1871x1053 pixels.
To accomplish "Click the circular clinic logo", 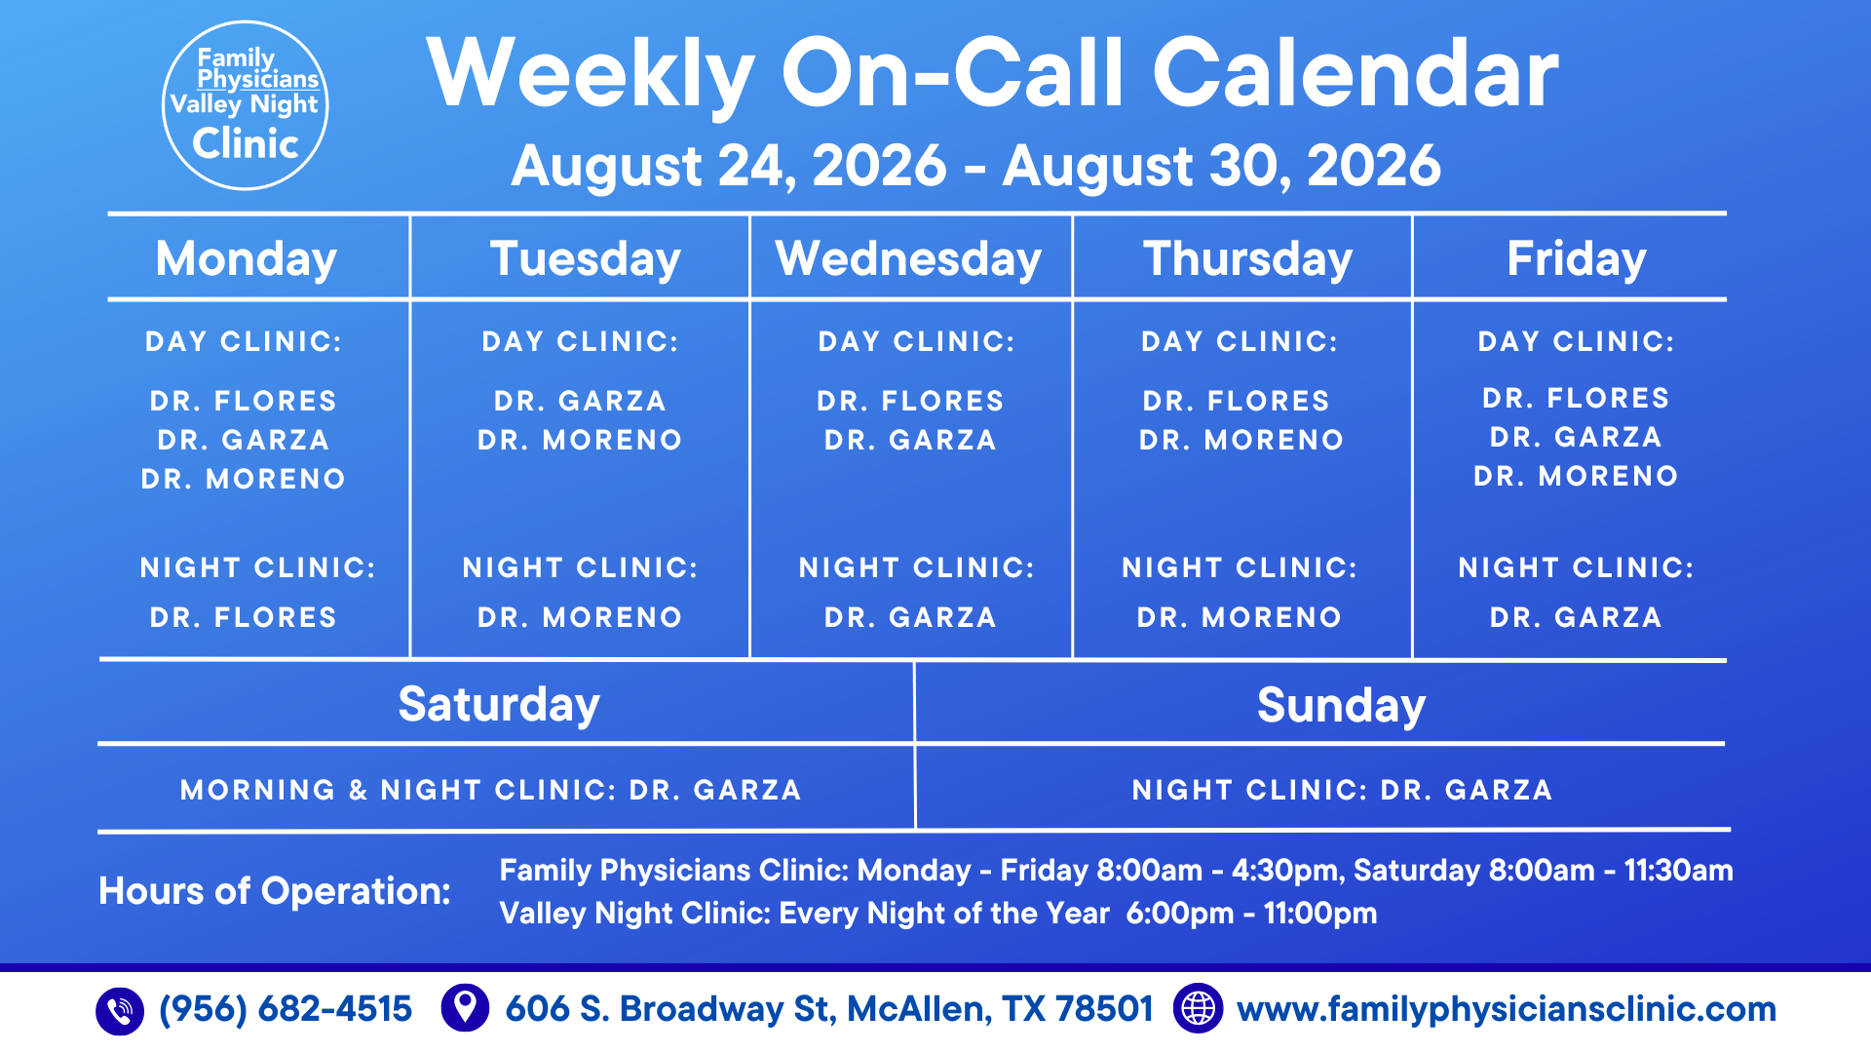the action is click(246, 105).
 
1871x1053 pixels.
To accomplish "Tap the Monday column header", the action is click(247, 259).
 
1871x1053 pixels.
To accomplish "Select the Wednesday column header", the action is click(908, 259).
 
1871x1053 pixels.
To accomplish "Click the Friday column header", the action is click(1577, 259).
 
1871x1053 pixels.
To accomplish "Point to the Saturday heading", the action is click(499, 705).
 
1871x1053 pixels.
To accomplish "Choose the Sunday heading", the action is click(1341, 705).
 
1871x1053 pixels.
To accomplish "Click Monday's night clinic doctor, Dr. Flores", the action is click(244, 617).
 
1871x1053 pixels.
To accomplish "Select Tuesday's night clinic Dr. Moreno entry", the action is click(580, 617).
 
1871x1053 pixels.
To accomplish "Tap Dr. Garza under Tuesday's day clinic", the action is click(580, 401).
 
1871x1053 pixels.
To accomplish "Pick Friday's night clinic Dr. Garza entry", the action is click(1576, 617).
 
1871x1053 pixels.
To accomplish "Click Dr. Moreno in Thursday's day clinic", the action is click(1241, 440).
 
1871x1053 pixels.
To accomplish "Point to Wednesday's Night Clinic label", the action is click(916, 567).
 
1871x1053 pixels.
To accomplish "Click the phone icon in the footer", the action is click(120, 1010).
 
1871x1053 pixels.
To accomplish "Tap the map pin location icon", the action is click(465, 1007).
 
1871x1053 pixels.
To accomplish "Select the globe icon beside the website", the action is click(1198, 1008).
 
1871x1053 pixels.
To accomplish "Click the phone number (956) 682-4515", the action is click(286, 1009).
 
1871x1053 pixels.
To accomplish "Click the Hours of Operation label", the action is click(275, 891).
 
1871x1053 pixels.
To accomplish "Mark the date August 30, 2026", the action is click(1222, 165).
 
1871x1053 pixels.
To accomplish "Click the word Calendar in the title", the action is click(1356, 74).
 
